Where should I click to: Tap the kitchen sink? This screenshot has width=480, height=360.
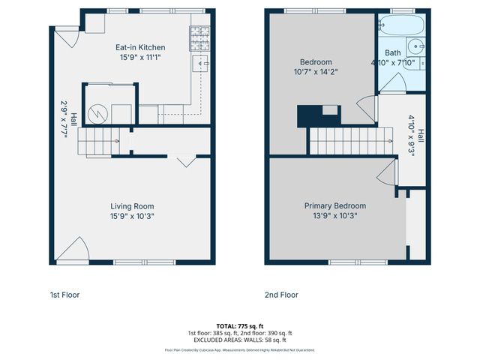tap(200, 64)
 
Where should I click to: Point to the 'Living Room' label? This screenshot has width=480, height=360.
tap(132, 206)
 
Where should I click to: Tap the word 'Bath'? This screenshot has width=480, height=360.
tap(393, 52)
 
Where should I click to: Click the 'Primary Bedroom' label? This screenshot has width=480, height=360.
tap(334, 205)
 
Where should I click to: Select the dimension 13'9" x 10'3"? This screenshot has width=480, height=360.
tap(334, 216)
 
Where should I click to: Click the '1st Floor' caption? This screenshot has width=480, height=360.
tap(64, 295)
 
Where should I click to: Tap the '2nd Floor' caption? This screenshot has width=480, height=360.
tap(281, 295)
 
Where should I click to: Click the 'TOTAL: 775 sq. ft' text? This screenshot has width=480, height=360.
tap(240, 325)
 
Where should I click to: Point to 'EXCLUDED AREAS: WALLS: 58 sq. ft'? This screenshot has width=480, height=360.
tap(240, 340)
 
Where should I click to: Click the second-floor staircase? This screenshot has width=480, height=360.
tap(351, 139)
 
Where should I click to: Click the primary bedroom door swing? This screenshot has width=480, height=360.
tap(385, 176)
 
